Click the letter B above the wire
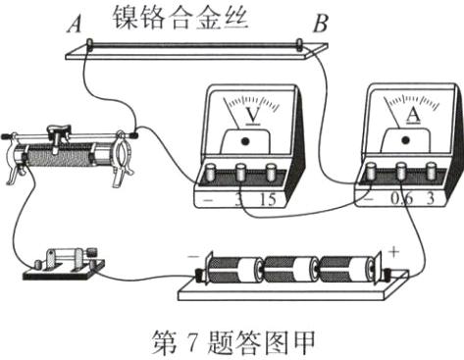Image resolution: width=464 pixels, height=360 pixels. coord(319,24)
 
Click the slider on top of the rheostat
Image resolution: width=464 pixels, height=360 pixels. coord(64,128)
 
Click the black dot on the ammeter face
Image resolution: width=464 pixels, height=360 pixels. coord(404,140)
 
